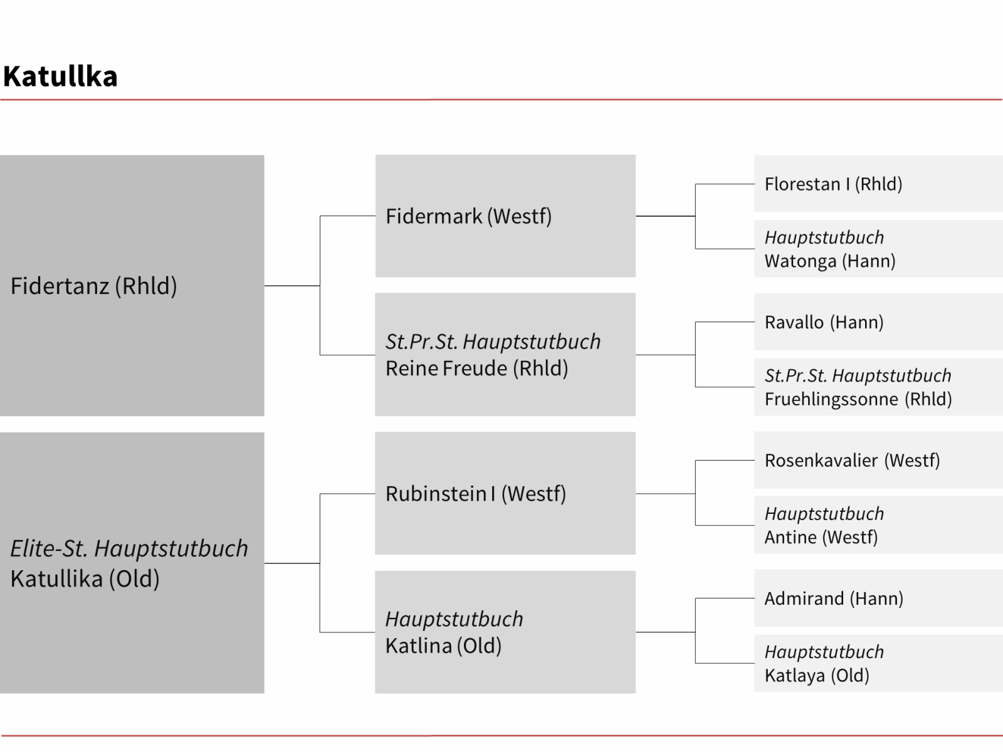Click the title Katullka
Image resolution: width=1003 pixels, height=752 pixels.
point(60,76)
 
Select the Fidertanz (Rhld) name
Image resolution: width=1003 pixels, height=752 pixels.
point(93,286)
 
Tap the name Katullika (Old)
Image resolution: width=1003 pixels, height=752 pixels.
point(85,579)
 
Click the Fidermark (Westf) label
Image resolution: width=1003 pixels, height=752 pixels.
point(468,216)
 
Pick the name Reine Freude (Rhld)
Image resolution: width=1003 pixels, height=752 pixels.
point(476,368)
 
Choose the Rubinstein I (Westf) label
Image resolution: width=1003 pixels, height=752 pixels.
point(476,494)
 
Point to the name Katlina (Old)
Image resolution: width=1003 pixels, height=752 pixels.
point(443,645)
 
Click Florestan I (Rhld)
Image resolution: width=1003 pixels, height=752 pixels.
point(834,184)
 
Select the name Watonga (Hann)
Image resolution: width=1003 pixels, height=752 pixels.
point(830,261)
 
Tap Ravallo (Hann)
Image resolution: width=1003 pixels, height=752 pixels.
point(824,322)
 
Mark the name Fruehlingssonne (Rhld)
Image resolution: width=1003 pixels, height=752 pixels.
point(858,399)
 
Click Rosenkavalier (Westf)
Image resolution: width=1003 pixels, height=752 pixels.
point(852,460)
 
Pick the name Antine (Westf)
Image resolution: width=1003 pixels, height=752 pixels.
point(821,538)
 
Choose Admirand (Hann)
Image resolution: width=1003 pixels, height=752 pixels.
point(834,598)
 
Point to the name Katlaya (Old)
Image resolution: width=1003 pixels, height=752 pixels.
point(817,676)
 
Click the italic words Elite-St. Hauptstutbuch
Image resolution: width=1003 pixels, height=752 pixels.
point(129,549)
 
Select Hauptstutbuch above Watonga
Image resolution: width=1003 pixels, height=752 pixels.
point(824,238)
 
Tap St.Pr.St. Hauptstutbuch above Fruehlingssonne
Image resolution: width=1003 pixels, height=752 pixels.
point(858,375)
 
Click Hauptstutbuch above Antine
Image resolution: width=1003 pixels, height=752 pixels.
point(824,514)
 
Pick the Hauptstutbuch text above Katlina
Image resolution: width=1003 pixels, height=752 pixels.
point(454,619)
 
